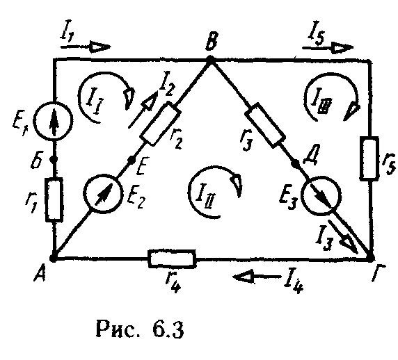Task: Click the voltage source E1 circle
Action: coord(54,120)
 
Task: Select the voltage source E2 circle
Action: coord(103,193)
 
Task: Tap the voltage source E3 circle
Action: coord(321,195)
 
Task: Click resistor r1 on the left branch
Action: coord(54,199)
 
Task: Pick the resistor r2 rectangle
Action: coord(161,124)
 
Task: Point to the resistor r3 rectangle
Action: coord(264,125)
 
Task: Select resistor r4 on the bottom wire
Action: coord(172,259)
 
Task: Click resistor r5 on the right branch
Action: coord(369,158)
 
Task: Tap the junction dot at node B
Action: coord(210,60)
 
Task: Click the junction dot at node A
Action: coord(53,259)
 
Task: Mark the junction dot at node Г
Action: coord(371,259)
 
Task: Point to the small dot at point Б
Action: coord(54,159)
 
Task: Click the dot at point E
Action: coord(132,159)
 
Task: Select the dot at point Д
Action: coord(295,164)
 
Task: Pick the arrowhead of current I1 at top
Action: coord(100,47)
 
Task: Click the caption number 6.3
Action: coord(168,329)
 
